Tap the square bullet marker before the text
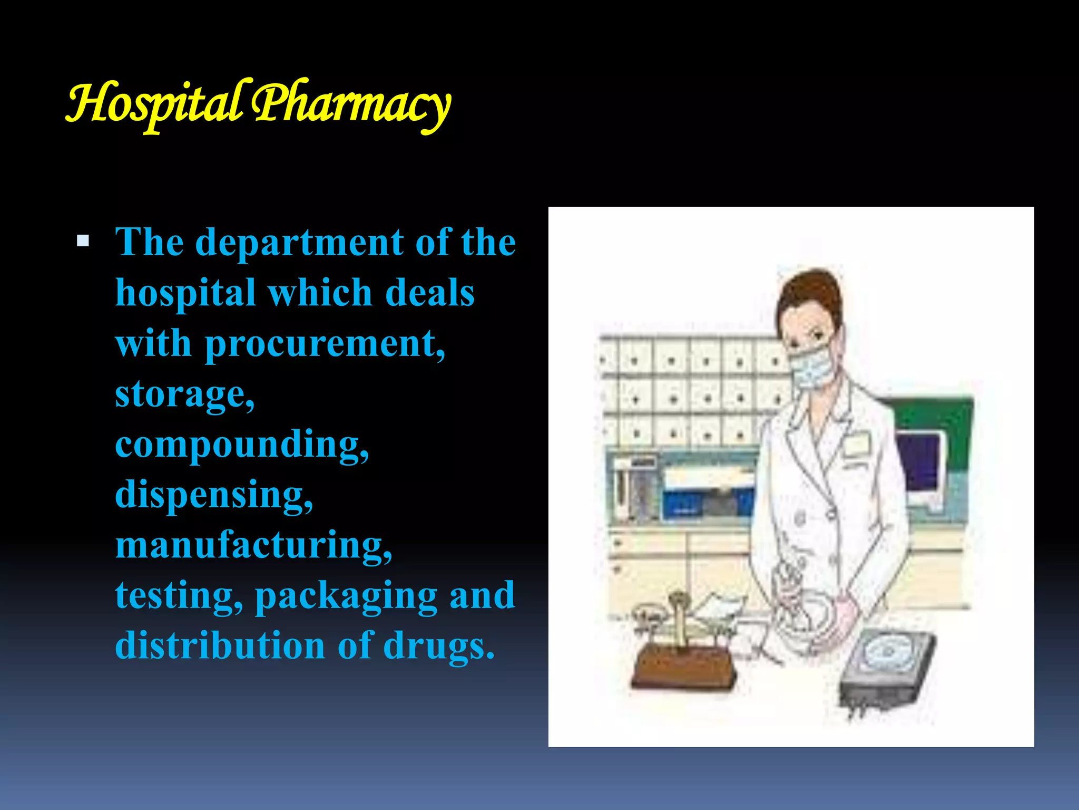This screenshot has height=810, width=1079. tap(83, 242)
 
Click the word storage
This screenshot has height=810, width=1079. tap(184, 395)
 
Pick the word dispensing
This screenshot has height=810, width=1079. tap(213, 496)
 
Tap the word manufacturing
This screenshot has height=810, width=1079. tap(253, 545)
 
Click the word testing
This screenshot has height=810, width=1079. tap(179, 596)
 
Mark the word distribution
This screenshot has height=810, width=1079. tap(220, 647)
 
